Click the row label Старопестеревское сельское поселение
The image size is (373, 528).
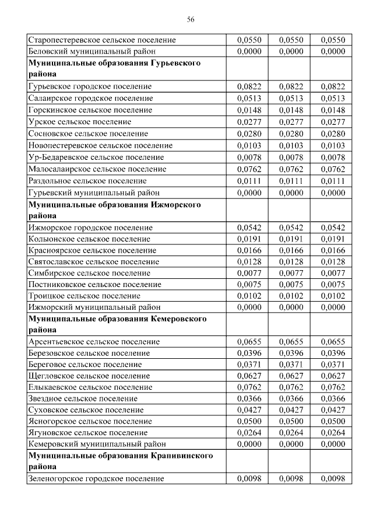pos(102,40)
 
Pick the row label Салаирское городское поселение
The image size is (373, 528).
pos(90,98)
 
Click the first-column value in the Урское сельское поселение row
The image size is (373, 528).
pos(249,122)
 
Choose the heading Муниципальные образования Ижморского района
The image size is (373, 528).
pos(114,210)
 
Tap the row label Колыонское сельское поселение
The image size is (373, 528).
pos(89,239)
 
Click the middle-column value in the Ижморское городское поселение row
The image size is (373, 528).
pos(291,227)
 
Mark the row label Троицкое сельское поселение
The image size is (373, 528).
pos(84,296)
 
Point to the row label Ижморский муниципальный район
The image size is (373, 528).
pos(93,307)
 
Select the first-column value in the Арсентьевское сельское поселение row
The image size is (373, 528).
pos(249,342)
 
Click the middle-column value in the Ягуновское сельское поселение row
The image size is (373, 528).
pos(291,433)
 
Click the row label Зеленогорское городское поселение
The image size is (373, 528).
pos(96,479)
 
